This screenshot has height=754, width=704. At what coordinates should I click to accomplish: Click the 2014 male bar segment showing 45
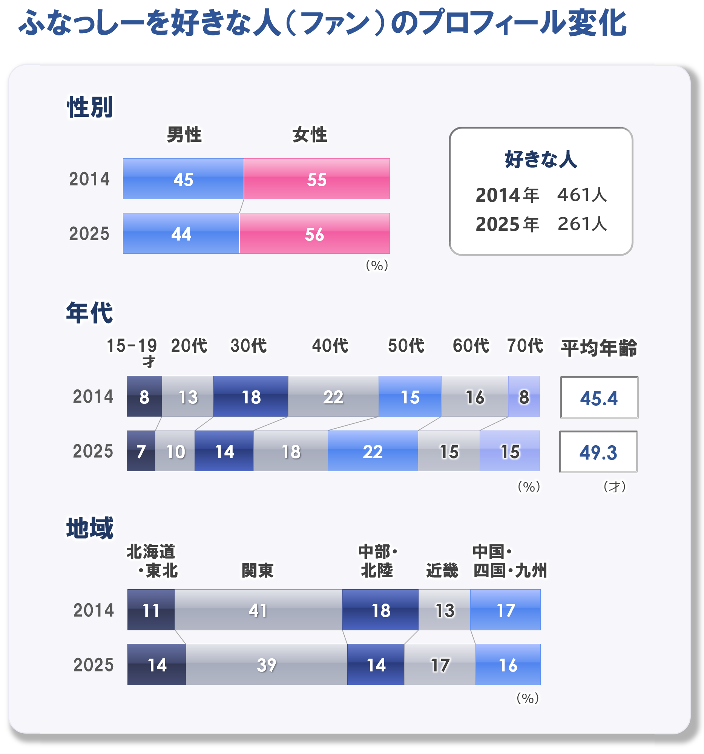pos(183,179)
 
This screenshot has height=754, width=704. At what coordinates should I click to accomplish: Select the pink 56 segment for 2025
pos(314,234)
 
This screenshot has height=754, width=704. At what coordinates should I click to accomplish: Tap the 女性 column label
pos(310,135)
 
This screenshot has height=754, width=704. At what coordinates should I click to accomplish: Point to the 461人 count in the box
pos(582,195)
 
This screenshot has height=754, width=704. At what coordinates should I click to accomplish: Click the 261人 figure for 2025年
pos(582,224)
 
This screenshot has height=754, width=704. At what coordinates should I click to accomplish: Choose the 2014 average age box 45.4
pos(599,398)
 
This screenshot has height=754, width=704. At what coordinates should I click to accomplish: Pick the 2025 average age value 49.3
pos(598,452)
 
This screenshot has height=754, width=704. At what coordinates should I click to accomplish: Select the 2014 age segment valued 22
pos(333,397)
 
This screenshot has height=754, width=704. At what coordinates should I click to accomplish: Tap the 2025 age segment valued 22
pos(373,451)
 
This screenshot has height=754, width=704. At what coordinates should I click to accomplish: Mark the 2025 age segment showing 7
pos(141,451)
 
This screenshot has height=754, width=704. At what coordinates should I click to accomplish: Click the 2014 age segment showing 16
pos(474,397)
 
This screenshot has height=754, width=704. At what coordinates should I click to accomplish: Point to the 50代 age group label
pos(406,345)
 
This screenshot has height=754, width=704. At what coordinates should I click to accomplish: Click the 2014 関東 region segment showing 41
pos(258,610)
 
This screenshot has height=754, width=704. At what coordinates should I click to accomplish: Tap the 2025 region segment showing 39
pos(266,665)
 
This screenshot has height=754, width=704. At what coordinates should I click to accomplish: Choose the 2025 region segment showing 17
pos(440,665)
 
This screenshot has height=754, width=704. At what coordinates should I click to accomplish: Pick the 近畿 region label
pos(442,570)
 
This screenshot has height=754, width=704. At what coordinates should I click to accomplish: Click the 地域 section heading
pos(90,528)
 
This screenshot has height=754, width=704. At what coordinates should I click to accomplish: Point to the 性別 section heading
pos(90,107)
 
